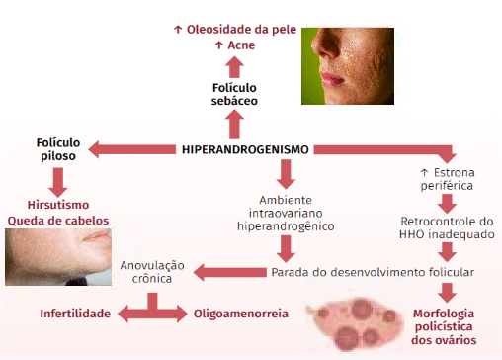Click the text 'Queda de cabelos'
[x=58, y=221]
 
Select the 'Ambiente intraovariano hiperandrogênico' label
[x=286, y=213]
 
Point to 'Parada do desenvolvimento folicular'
[x=373, y=272]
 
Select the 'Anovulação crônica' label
[x=152, y=272]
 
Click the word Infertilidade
[x=73, y=314]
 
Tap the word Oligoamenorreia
[x=240, y=314]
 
